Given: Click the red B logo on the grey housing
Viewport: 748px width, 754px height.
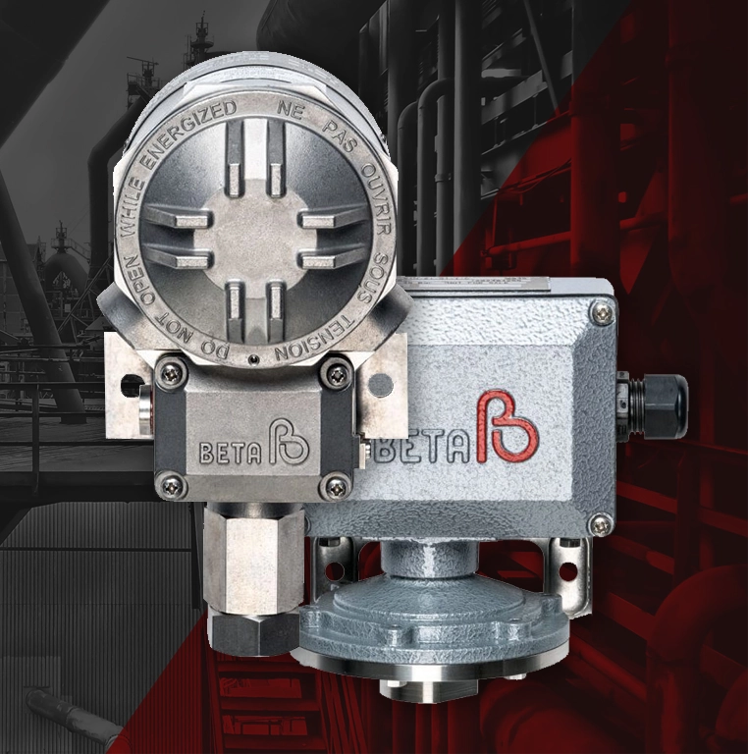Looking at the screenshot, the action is point(508,427).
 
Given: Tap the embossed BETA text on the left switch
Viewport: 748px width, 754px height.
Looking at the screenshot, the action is point(231,452).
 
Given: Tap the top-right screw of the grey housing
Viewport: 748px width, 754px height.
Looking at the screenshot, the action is point(603,314).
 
